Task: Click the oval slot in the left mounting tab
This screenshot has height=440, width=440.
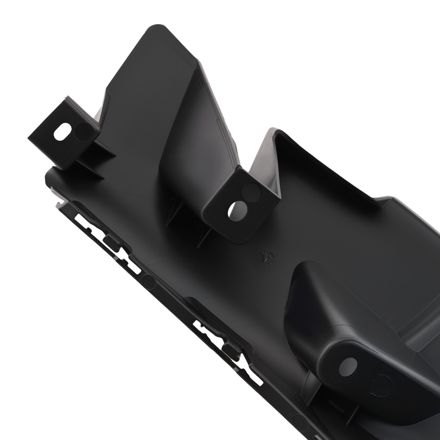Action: [62, 132]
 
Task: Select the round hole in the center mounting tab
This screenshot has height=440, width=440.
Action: [237, 211]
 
